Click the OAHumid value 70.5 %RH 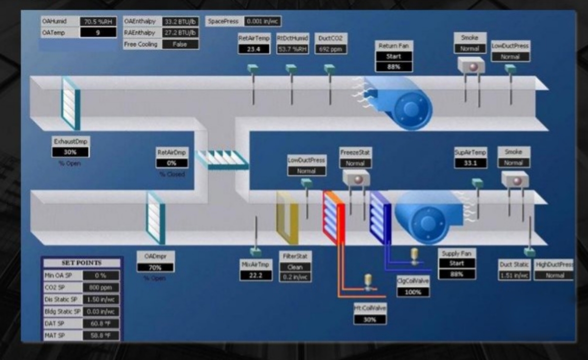coord(98,21)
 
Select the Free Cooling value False coord(180,44)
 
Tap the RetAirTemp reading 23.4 coord(254,49)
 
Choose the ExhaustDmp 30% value coord(71,152)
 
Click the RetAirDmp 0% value coord(172,163)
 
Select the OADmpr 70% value coord(155,267)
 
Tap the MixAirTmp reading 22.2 coord(255,275)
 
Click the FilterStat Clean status coord(294,267)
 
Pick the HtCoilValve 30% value coord(370,319)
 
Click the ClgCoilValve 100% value coord(413,292)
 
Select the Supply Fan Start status coord(456,263)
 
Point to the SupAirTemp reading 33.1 coord(470,163)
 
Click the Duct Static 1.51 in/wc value coord(514,275)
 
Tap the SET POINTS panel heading coord(81,263)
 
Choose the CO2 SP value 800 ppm coord(101,287)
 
